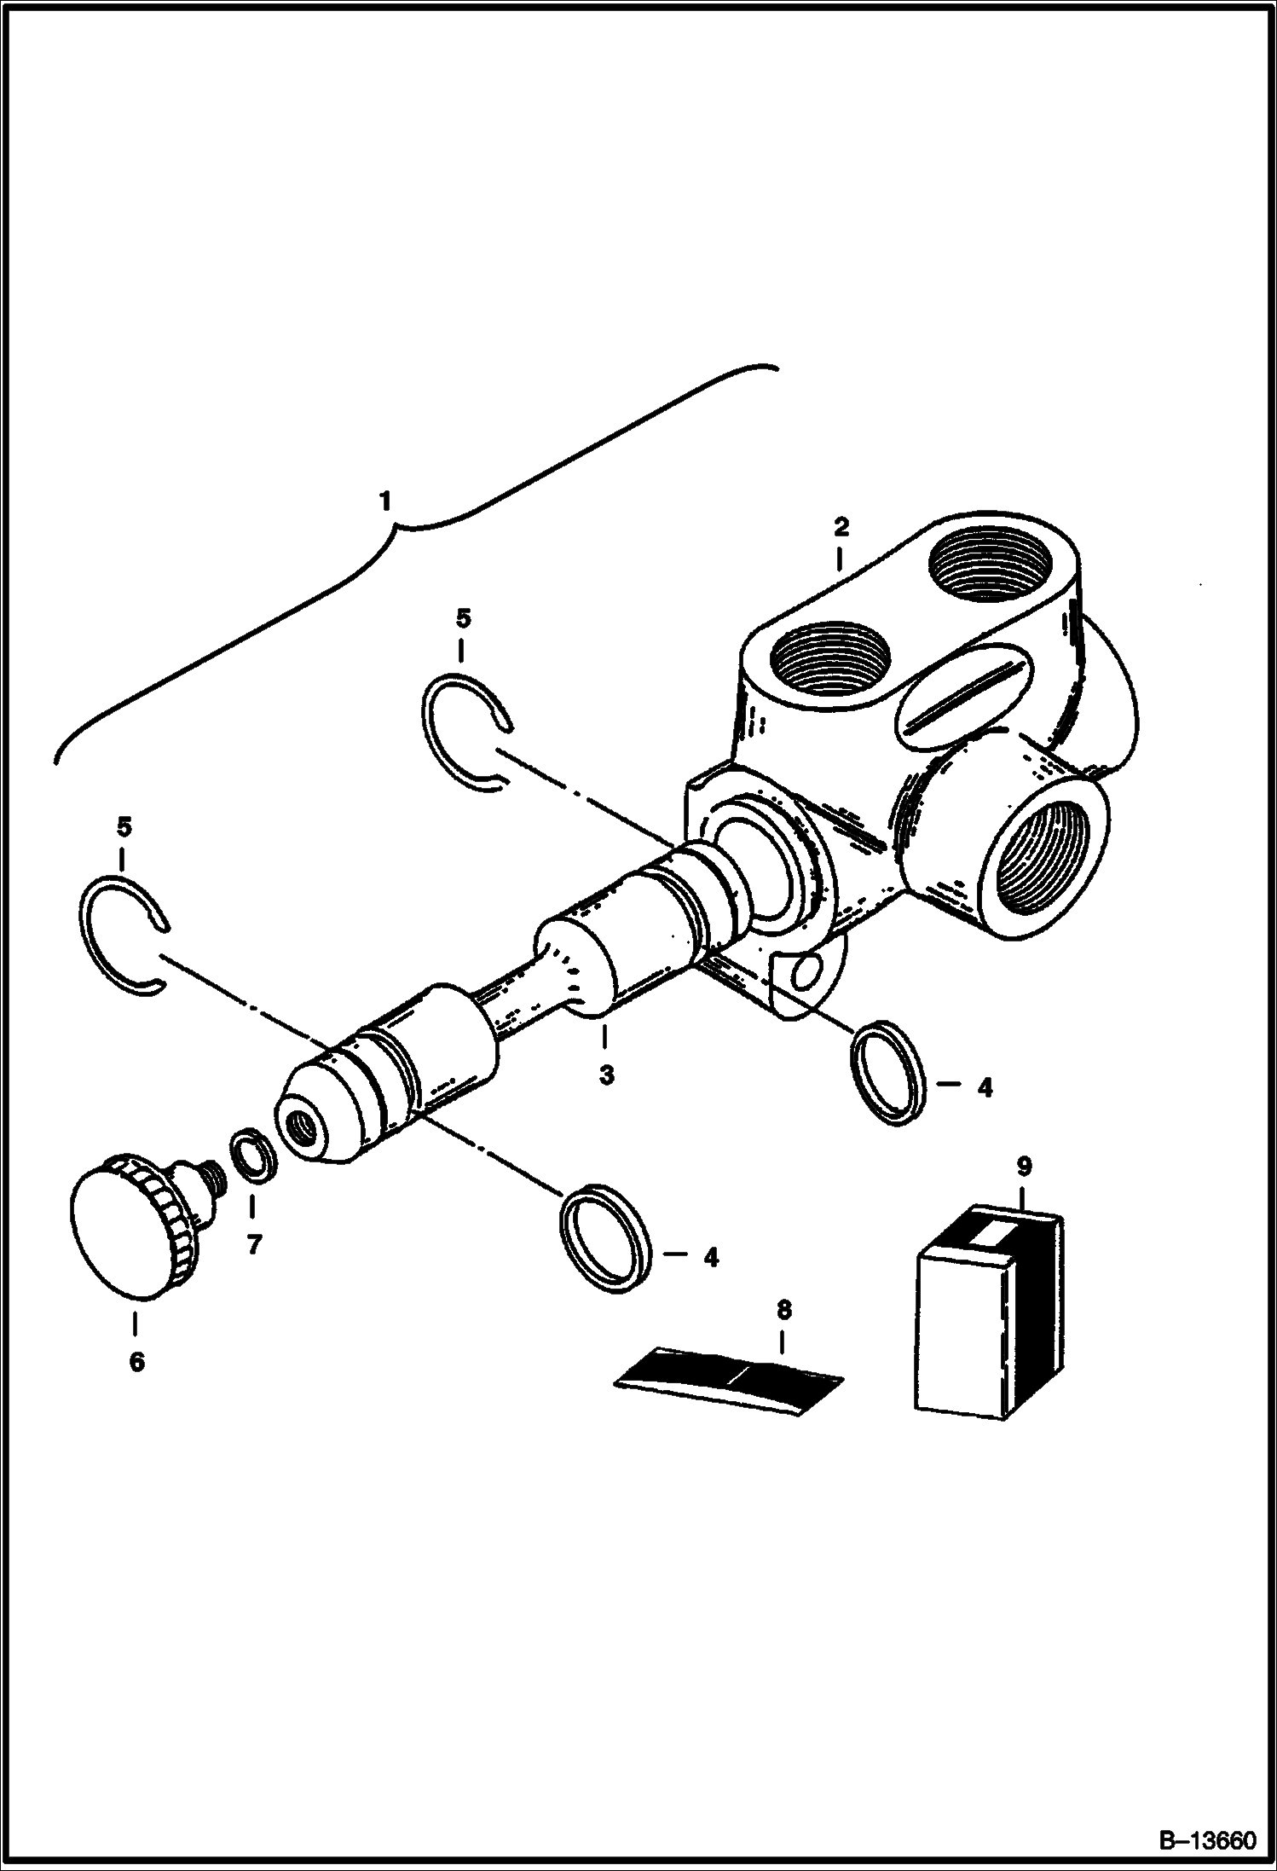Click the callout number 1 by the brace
pos(385,501)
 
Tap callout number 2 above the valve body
pos(841,527)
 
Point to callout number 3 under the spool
pos(606,1075)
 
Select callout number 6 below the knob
pos(136,1362)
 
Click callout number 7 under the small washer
pos(253,1246)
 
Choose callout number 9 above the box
pos(1024,1166)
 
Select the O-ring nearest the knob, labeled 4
pos(606,1242)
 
